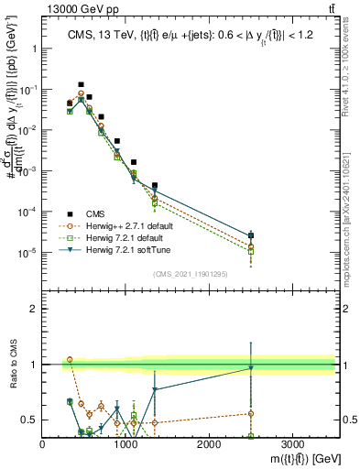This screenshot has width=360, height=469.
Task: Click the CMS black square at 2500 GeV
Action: coord(251,235)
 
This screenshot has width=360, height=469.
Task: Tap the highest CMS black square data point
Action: coord(81,84)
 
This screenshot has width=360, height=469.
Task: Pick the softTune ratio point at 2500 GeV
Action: coord(251,368)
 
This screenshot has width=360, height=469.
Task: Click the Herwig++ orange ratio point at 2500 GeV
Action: coord(251,413)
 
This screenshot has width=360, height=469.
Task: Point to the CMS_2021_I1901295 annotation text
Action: coord(190,274)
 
